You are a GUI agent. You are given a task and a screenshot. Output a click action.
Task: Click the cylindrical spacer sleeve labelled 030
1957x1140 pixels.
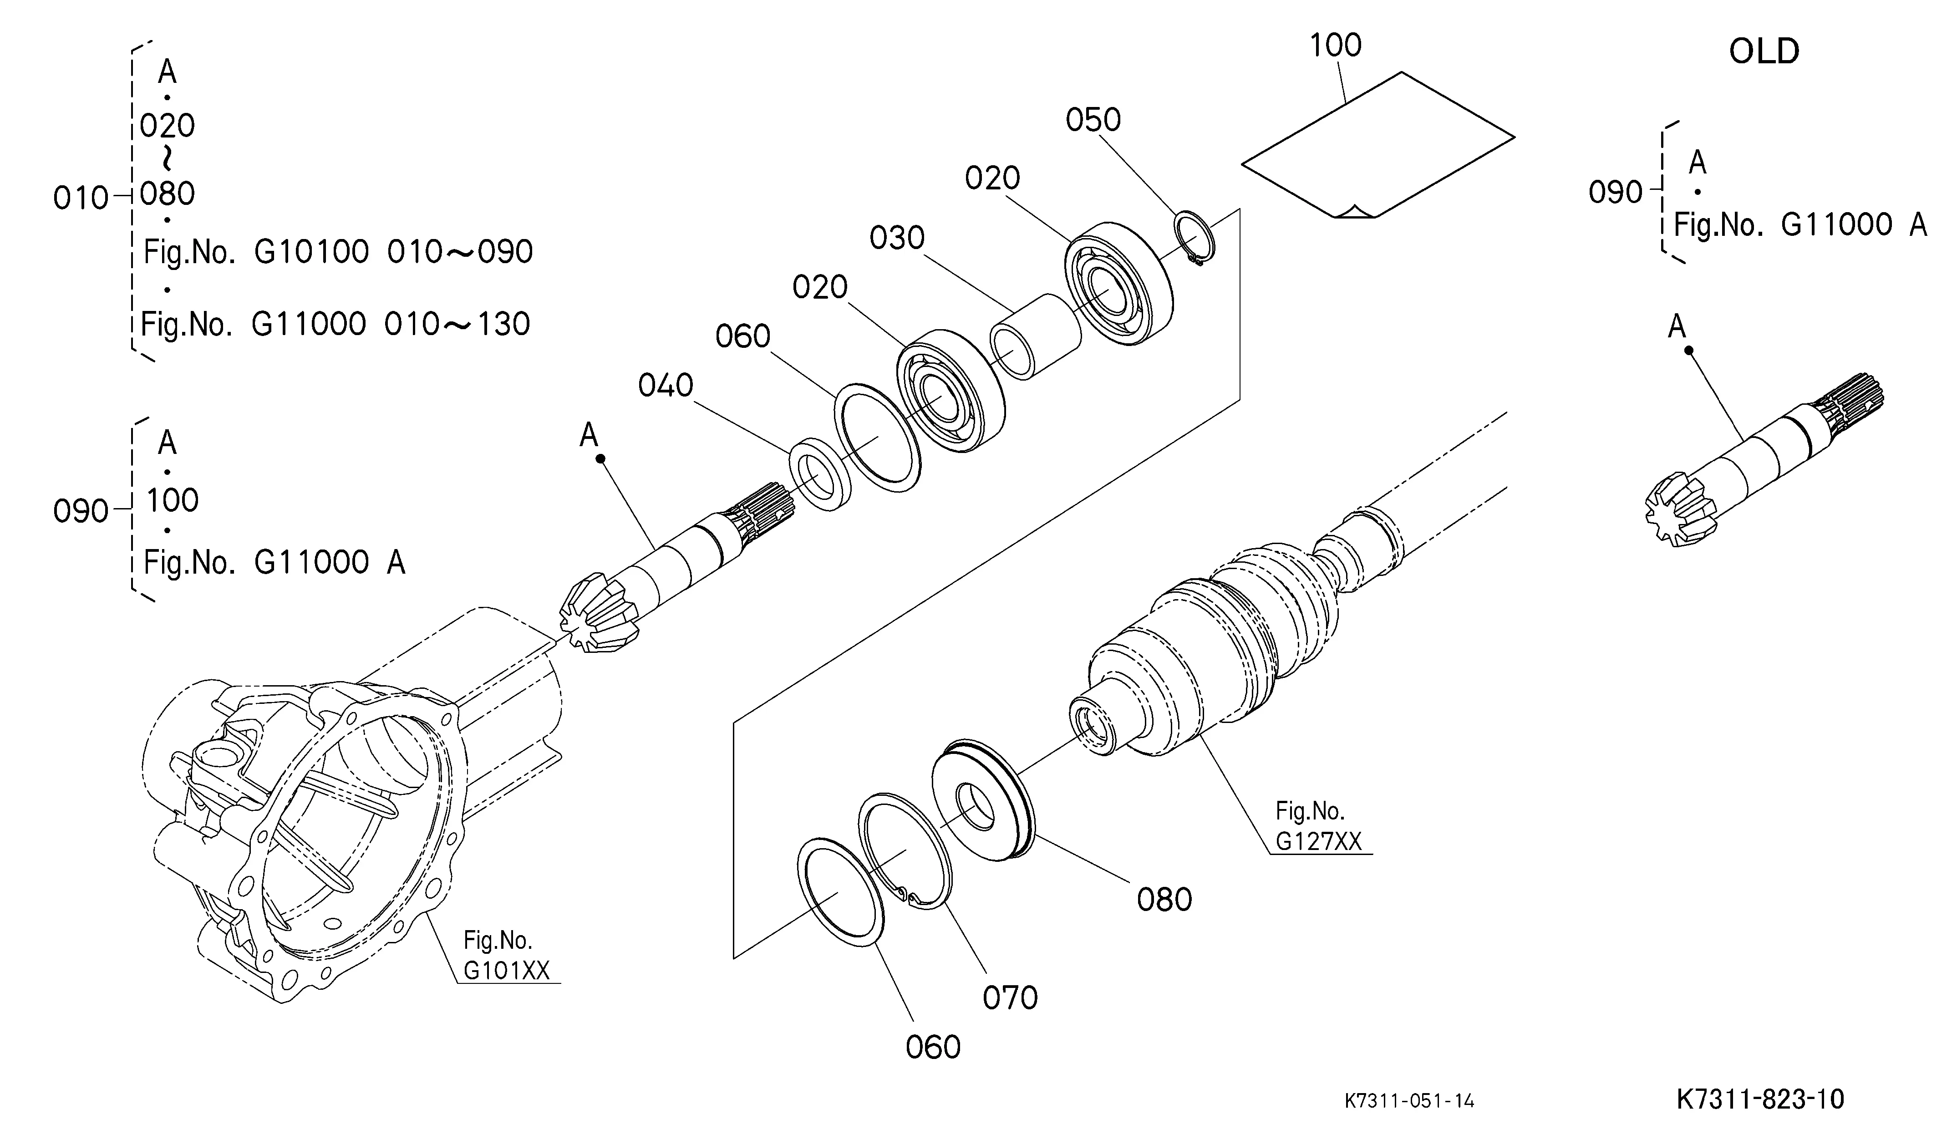[x=1035, y=336]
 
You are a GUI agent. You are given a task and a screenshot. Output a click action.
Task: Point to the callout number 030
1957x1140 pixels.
[x=897, y=238]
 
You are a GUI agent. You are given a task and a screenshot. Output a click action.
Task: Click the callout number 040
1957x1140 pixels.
[x=666, y=385]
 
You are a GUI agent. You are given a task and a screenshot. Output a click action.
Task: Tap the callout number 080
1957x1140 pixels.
[x=1164, y=899]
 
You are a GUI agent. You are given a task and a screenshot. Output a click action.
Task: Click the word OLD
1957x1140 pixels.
[x=1764, y=51]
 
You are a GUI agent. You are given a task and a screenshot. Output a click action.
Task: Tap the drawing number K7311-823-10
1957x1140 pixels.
[x=1760, y=1099]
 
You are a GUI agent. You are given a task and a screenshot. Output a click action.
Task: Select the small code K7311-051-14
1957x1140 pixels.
[x=1409, y=1100]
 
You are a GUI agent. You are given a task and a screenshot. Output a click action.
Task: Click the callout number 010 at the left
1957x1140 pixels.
[x=81, y=198]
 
